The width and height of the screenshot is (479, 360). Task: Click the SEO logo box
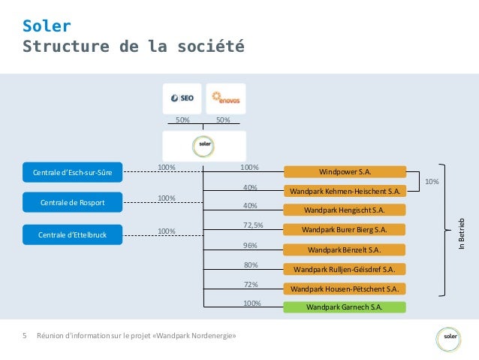182,98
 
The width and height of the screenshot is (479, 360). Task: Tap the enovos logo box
225,98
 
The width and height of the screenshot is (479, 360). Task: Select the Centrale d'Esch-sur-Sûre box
73,173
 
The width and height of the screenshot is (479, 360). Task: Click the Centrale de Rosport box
73,203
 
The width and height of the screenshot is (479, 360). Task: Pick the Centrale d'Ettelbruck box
73,235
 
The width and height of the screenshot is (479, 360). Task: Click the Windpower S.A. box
345,171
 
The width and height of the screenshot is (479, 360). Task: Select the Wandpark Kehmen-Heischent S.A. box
345,191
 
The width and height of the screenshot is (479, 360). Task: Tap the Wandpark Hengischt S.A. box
345,210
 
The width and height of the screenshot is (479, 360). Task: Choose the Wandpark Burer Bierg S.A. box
345,229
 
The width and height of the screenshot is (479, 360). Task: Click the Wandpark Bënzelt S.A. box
345,249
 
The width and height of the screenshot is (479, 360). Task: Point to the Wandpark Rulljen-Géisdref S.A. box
345,268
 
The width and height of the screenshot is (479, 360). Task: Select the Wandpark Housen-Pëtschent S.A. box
345,288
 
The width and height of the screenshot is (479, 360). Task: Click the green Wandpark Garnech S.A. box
345,307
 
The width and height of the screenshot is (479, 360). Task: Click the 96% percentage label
250,245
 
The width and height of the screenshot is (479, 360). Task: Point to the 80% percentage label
250,265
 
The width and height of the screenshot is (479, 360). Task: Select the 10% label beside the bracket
432,182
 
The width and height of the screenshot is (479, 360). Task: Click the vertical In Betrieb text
463,233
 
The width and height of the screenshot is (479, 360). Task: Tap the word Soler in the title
47,26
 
